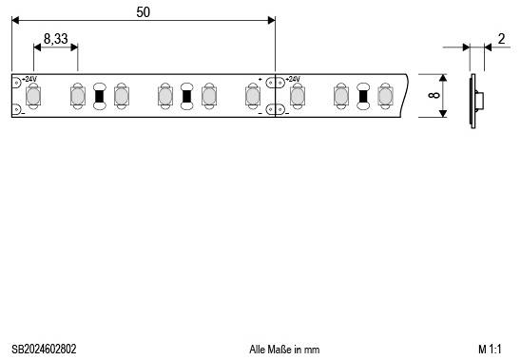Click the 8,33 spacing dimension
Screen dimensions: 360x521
coord(55,40)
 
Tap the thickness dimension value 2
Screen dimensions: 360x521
coord(501,39)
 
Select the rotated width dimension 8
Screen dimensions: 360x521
coord(434,95)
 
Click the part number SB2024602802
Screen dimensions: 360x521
coord(45,350)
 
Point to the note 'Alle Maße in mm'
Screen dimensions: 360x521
coord(284,350)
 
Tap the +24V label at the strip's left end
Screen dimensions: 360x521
coord(29,79)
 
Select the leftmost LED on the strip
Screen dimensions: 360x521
coord(33,96)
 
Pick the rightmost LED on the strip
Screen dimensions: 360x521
coord(385,96)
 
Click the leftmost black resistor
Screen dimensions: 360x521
coord(99,96)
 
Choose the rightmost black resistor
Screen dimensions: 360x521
coord(363,96)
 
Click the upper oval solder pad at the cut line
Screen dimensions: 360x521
coord(275,81)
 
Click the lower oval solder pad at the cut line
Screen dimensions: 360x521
coord(275,111)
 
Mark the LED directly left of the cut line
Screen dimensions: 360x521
coord(253,96)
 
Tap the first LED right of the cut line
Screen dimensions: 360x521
coord(298,96)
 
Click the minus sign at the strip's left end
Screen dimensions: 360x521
coord(23,113)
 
